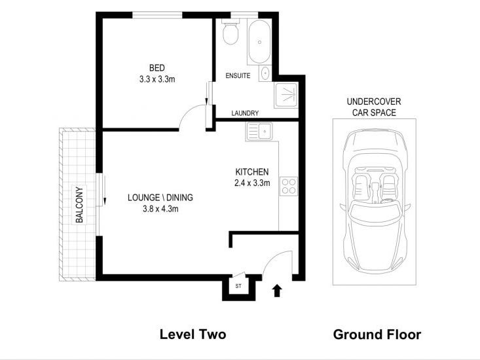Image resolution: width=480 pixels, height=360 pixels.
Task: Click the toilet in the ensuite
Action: tap(231, 32)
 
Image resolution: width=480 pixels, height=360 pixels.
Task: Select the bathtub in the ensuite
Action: tap(259, 41)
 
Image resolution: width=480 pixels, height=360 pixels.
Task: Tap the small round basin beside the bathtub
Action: tap(265, 73)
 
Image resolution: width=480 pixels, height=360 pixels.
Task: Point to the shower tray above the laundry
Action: tap(286, 95)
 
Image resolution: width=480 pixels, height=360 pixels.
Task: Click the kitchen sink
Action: tap(259, 132)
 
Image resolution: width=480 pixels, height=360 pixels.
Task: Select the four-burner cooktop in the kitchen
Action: tap(289, 187)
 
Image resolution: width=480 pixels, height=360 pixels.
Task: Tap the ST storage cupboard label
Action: tap(238, 286)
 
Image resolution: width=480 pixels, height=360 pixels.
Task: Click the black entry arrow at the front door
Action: tap(277, 291)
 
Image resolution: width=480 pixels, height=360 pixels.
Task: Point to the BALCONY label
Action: tap(79, 205)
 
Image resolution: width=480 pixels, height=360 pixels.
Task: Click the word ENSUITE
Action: tap(238, 75)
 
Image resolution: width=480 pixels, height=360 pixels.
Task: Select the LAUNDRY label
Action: tap(245, 113)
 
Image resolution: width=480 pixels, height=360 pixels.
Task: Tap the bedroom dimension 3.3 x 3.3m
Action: tap(157, 79)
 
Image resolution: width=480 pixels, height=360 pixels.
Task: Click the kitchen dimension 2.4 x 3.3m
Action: tap(252, 183)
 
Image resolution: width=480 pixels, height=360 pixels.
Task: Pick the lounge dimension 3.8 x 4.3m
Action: tap(160, 209)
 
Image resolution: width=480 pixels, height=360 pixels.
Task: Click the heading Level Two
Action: tap(193, 334)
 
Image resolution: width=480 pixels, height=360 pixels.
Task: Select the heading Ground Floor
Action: tap(377, 334)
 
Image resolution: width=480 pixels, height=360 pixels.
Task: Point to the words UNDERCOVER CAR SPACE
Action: tap(374, 107)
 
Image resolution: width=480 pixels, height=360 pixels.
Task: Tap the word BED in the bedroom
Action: tap(157, 67)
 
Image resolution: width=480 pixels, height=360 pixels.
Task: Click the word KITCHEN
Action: tap(252, 171)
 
